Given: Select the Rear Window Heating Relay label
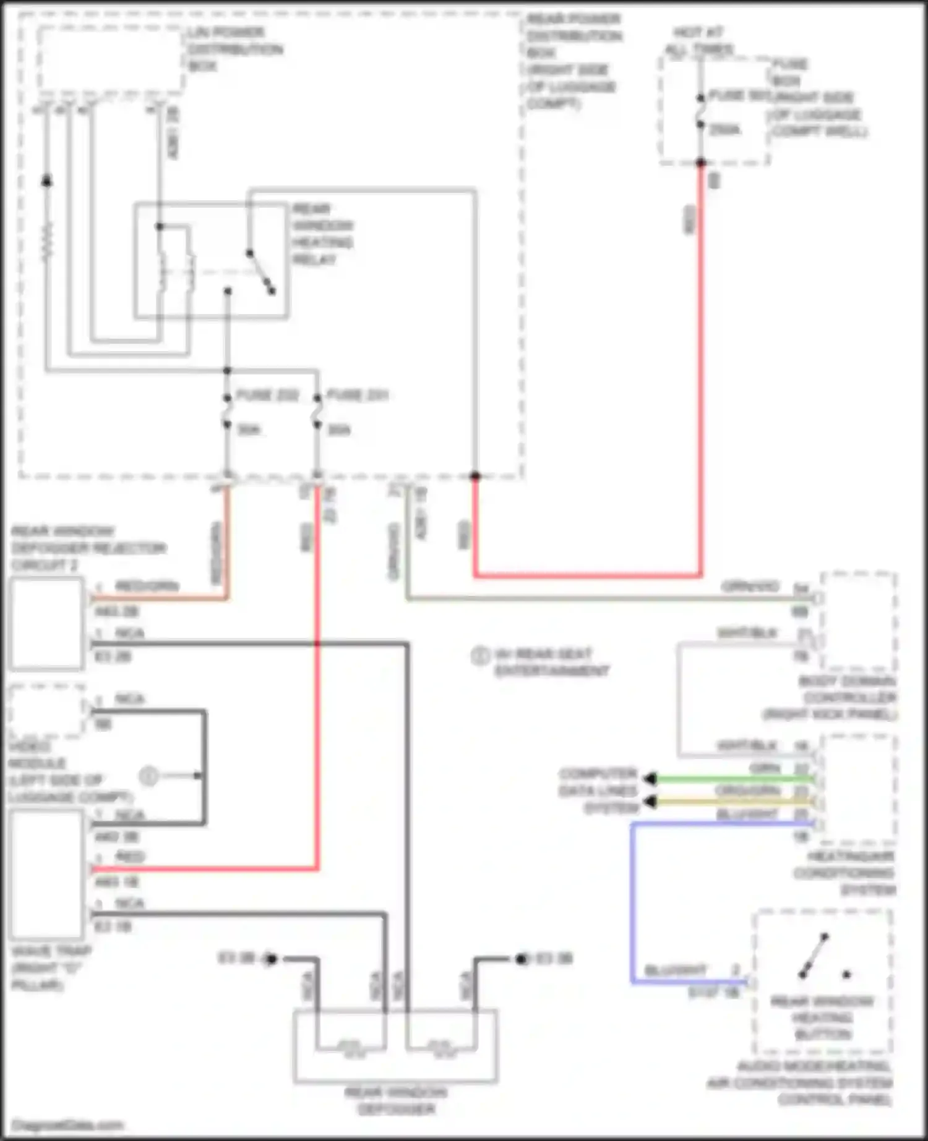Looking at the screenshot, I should coord(322,234).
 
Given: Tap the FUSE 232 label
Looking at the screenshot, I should coord(267,395).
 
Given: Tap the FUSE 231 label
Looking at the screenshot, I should coord(357,395).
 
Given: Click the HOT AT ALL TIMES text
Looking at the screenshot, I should coord(699,41).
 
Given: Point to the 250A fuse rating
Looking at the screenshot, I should coord(724,130).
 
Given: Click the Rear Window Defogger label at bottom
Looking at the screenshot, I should coord(395,1101).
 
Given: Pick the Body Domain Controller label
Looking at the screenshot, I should coord(848,698).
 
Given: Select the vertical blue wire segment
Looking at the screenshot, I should coord(632,902).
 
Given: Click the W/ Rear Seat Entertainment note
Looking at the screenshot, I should coord(551,663).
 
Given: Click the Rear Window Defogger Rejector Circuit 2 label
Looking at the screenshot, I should coord(88,548).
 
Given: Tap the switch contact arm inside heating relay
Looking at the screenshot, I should coord(260,271).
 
